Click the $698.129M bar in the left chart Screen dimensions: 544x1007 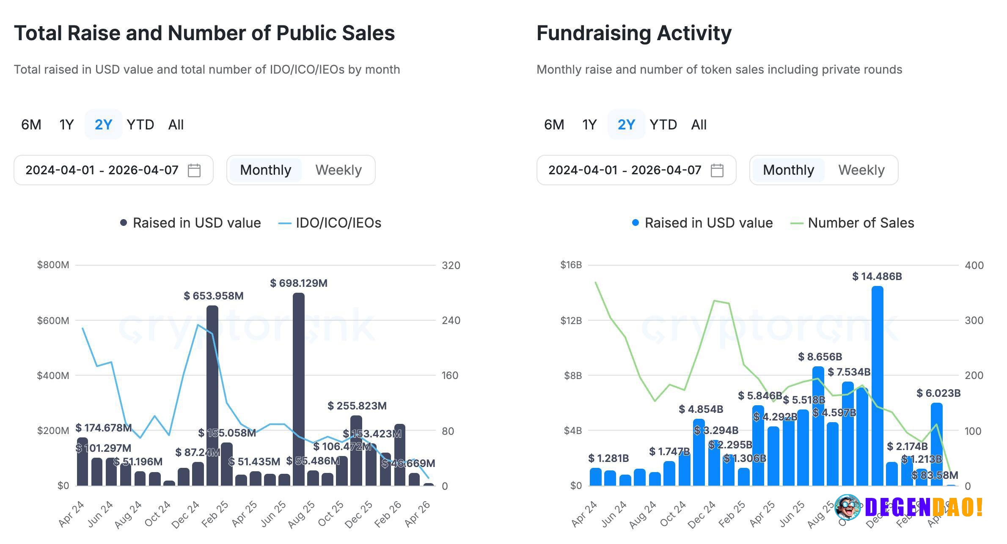[298, 389]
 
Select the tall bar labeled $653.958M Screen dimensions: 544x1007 [212, 396]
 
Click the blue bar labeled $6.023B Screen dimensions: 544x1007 [936, 444]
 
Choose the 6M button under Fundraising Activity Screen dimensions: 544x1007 [554, 125]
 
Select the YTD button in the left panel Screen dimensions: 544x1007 [140, 125]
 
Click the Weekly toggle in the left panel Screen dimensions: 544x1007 [338, 170]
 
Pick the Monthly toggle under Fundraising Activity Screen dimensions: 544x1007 [788, 170]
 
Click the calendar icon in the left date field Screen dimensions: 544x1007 [194, 170]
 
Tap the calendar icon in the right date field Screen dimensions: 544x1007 [717, 170]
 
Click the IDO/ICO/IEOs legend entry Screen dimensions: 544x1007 [330, 223]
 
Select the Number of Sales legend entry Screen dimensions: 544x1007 [853, 223]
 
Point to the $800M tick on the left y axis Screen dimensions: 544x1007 [53, 265]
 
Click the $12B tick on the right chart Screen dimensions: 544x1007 [571, 321]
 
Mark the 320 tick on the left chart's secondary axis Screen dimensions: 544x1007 [451, 266]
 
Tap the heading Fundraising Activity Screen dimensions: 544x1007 [634, 33]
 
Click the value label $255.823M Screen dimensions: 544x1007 [357, 406]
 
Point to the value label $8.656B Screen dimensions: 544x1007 [820, 357]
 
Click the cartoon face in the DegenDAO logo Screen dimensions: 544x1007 [847, 506]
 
